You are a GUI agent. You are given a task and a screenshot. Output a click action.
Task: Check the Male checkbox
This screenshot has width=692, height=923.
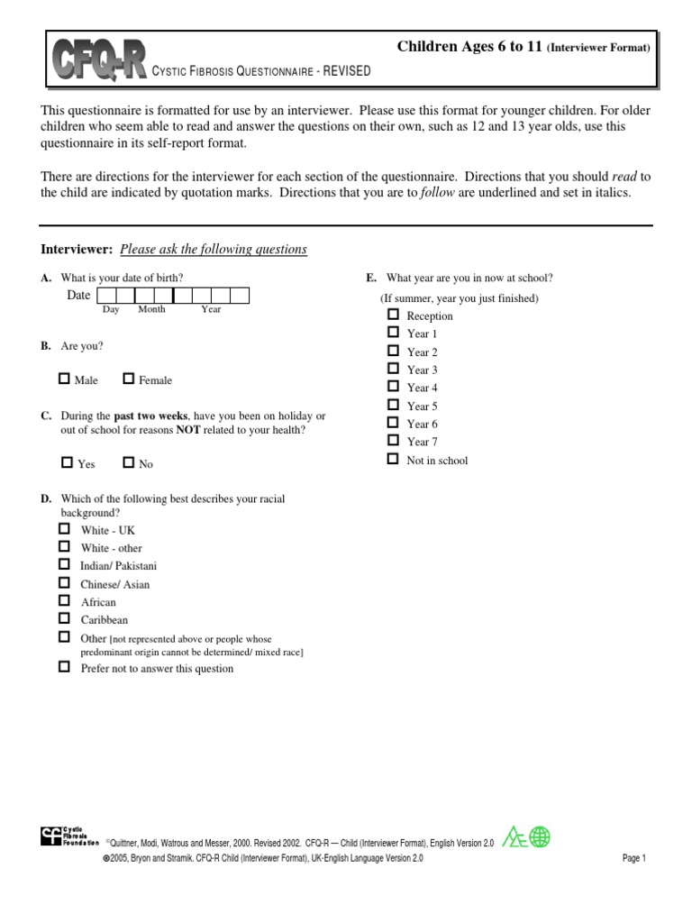65,379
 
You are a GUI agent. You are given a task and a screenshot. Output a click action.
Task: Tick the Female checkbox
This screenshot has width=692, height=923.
129,379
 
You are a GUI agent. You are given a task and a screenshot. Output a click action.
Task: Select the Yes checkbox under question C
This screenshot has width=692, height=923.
67,463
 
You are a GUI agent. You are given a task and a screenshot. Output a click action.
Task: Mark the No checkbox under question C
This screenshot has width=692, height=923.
129,463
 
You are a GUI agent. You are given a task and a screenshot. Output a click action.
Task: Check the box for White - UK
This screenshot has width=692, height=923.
64,529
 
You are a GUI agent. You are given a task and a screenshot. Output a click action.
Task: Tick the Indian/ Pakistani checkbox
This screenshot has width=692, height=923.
64,564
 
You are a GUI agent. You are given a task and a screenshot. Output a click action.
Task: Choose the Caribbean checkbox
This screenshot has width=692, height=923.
64,618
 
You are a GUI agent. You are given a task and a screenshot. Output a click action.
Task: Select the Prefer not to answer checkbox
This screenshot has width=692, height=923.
64,667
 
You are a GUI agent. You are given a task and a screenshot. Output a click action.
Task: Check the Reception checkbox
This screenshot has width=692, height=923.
392,315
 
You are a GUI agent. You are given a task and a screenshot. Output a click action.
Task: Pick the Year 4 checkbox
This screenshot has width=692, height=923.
392,387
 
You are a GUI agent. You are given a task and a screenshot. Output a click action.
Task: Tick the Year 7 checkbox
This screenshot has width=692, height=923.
392,441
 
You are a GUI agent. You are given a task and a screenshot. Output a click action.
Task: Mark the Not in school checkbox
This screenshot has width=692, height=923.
392,459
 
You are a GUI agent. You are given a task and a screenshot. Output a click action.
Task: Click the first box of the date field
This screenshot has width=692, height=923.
105,296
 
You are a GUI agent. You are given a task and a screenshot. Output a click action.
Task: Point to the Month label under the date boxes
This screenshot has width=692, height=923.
151,310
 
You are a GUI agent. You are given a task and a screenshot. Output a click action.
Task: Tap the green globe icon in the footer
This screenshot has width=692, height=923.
540,837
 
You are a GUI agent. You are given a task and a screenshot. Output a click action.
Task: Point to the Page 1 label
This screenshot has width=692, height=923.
634,859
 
